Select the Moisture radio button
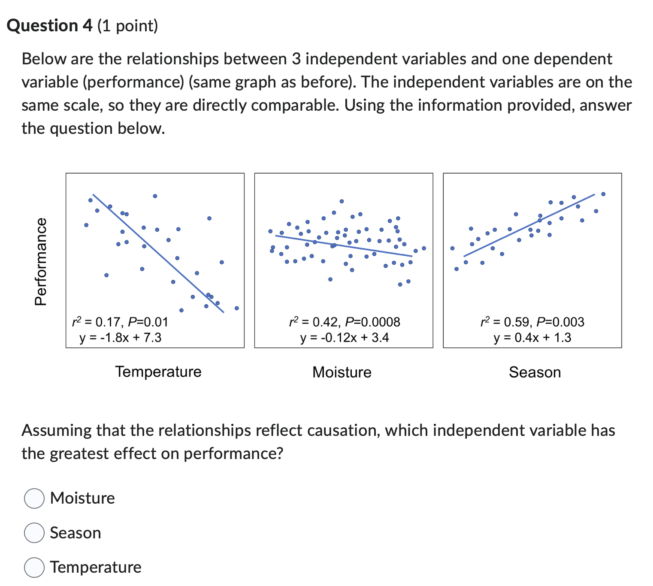coord(34,498)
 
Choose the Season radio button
coord(34,533)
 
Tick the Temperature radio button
coord(34,567)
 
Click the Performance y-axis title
coord(41,261)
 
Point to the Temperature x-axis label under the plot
coord(158,372)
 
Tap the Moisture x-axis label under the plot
coord(342,372)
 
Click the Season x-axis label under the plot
coord(535,372)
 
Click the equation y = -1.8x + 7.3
coord(120,338)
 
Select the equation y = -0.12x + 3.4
coord(345,338)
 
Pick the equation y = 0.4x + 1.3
coord(532,338)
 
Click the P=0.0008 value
coord(372,322)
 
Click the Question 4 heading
coord(50,26)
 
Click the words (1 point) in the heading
coord(128,26)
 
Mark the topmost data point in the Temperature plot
coord(155,196)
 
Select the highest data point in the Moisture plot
coord(342,201)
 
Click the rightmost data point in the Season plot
coord(603,194)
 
